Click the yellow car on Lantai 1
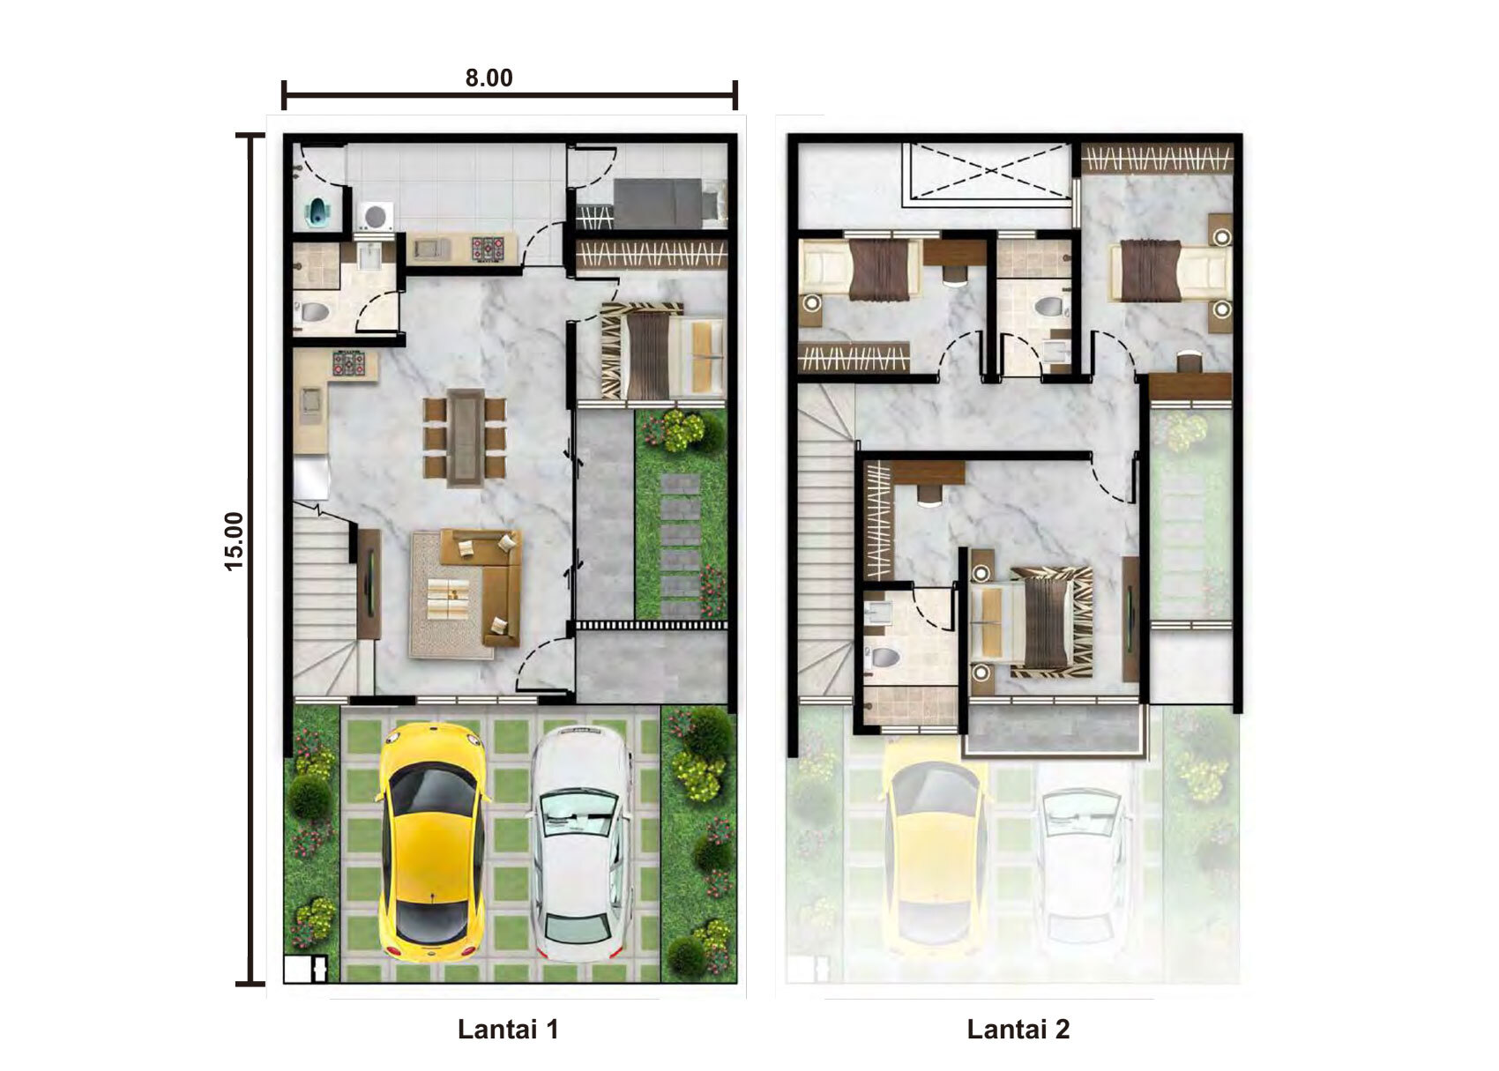[432, 842]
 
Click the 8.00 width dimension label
[489, 78]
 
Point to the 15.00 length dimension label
[234, 541]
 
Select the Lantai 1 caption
[508, 1029]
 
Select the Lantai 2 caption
[1018, 1029]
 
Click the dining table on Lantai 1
[466, 438]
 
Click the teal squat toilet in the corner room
[319, 212]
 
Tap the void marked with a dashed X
[988, 171]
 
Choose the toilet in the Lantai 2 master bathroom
[884, 656]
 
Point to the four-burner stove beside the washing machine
[488, 249]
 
